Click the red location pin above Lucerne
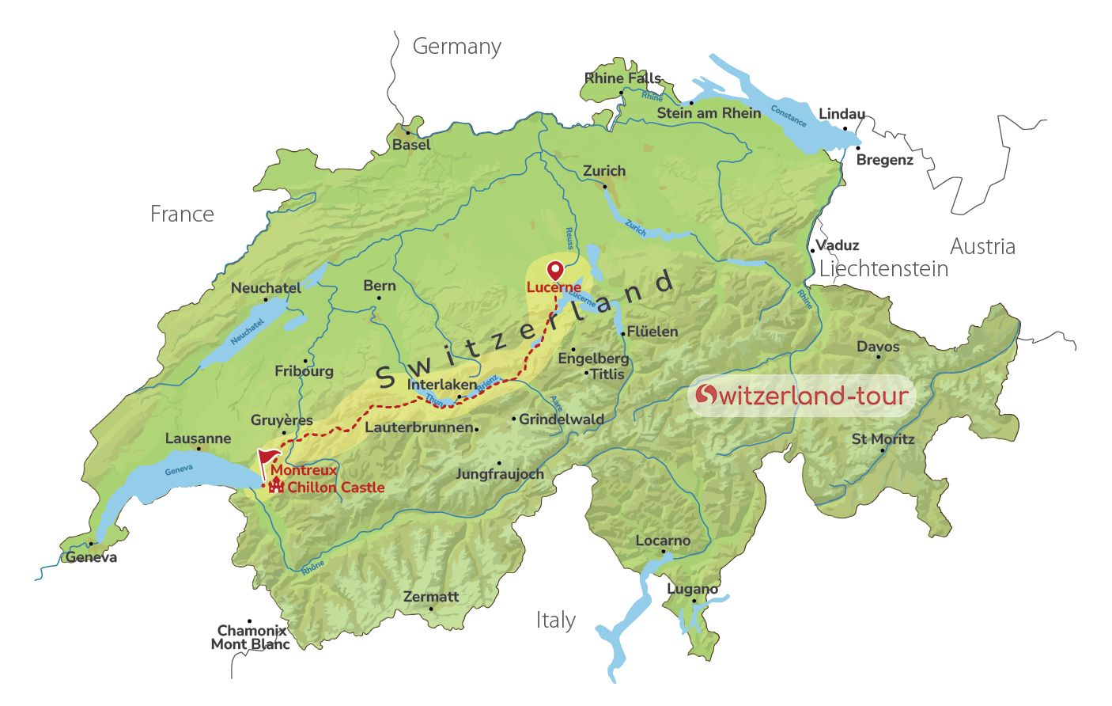click(x=555, y=269)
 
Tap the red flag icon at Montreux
click(x=267, y=459)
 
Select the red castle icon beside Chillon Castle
click(x=276, y=485)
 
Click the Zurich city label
click(x=604, y=171)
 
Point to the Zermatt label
click(x=430, y=597)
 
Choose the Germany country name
click(x=456, y=47)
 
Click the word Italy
click(x=555, y=621)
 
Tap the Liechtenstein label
click(x=883, y=269)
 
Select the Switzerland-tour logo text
click(x=802, y=395)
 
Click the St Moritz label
click(x=883, y=439)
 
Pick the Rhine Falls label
click(x=622, y=78)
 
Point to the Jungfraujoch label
click(x=500, y=474)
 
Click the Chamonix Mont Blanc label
click(x=251, y=637)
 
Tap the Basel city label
click(x=411, y=145)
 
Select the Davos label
click(x=878, y=347)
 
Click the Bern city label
click(x=380, y=286)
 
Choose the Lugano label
click(x=692, y=589)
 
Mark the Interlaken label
click(x=442, y=385)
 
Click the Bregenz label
click(x=884, y=160)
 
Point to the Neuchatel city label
click(x=266, y=288)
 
